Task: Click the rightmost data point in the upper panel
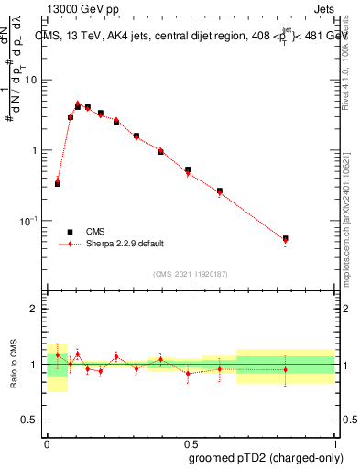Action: pyautogui.click(x=286, y=239)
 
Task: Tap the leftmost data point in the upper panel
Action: pyautogui.click(x=58, y=183)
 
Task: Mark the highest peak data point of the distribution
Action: pyautogui.click(x=78, y=105)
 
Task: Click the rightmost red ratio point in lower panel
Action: pyautogui.click(x=286, y=370)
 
